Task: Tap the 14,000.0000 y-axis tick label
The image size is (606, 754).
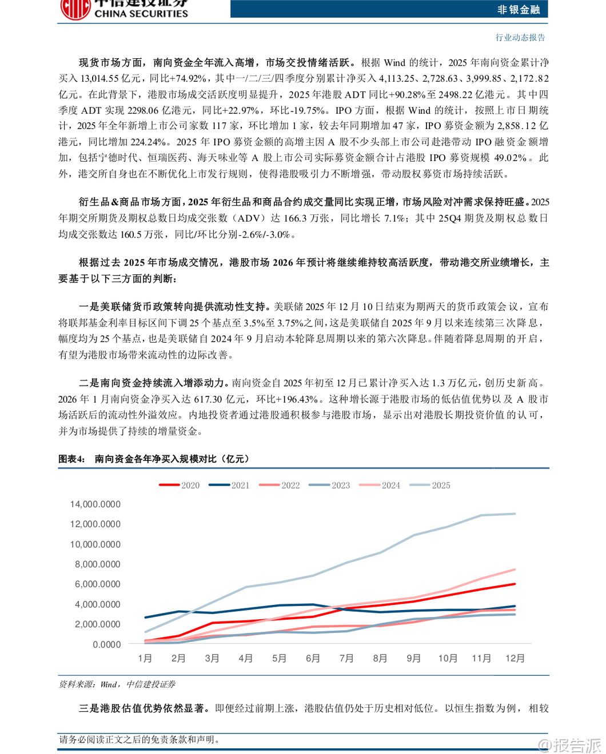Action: click(95, 504)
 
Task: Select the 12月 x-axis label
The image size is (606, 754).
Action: click(515, 658)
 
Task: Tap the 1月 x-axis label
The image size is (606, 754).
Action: click(145, 658)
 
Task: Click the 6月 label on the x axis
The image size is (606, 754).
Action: click(313, 658)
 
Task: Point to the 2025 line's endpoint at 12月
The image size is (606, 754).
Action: click(515, 514)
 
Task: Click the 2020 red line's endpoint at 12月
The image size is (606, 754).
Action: click(515, 584)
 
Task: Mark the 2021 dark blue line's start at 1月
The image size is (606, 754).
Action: click(145, 617)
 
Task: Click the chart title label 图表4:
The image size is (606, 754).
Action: click(71, 459)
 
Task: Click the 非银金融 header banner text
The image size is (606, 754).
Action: click(518, 9)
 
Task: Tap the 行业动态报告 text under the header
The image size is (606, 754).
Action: click(520, 38)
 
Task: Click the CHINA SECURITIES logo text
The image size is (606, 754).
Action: click(141, 14)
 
